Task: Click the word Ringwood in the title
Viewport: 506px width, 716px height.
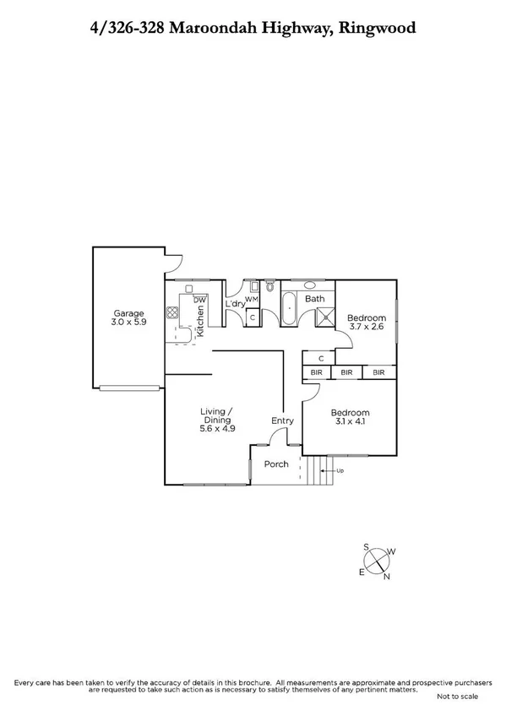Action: click(x=376, y=29)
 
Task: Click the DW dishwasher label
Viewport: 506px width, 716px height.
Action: click(x=199, y=300)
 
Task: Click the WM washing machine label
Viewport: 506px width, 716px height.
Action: click(x=251, y=301)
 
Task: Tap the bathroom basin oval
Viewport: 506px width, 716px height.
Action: click(x=309, y=285)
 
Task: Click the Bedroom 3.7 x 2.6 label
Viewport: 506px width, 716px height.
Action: click(x=367, y=322)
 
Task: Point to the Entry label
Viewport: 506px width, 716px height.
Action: click(x=281, y=420)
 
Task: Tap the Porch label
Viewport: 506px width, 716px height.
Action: click(x=276, y=464)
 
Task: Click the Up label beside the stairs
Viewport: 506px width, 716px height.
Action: click(x=340, y=470)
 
